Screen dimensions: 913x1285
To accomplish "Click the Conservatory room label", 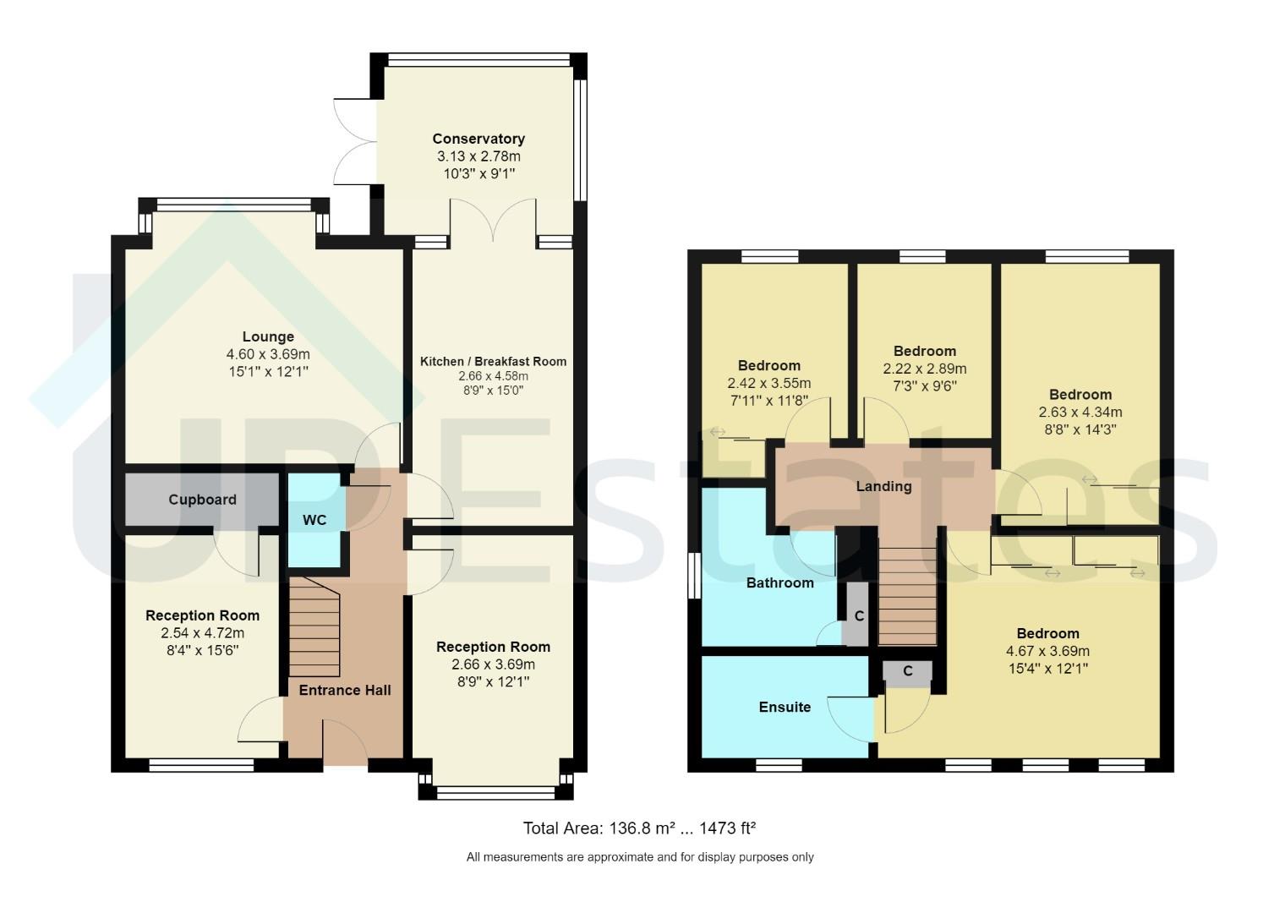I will (478, 139).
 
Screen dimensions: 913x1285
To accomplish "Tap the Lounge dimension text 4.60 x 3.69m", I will (268, 354).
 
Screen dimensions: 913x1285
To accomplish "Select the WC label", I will (314, 520).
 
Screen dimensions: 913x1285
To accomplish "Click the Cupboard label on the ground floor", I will (202, 500).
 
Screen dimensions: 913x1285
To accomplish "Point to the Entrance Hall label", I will (345, 690).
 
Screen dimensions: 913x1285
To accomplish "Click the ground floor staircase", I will (314, 626).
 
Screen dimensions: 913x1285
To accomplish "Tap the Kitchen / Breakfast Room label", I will (493, 361).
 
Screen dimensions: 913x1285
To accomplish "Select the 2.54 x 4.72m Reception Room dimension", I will (202, 633).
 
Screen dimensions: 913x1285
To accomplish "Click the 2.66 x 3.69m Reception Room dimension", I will (493, 664).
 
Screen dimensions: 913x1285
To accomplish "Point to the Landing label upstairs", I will (883, 486).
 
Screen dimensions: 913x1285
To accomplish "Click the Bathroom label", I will (779, 582).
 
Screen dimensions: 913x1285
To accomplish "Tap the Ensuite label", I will (785, 707).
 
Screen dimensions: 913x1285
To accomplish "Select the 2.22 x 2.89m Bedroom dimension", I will (925, 369).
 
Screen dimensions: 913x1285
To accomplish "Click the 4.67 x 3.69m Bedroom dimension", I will (1047, 651).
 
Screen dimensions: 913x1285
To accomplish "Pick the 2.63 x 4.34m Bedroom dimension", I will (1080, 413).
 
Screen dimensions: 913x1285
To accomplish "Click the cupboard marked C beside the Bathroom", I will (858, 615).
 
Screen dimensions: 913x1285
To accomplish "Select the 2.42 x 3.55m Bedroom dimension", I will (768, 383).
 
